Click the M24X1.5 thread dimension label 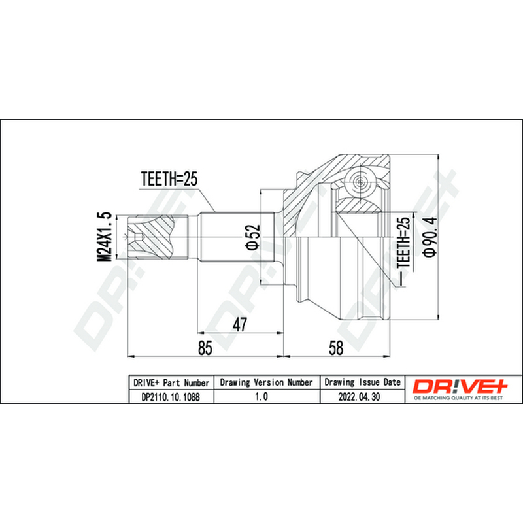(x=103, y=237)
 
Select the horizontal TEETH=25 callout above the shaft (x=169, y=179)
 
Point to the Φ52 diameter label (x=253, y=237)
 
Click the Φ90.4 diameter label (x=430, y=237)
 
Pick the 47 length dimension (x=240, y=324)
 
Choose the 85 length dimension (x=205, y=348)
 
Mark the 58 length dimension (x=335, y=348)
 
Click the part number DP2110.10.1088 (x=171, y=397)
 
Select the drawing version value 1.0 (x=261, y=397)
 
